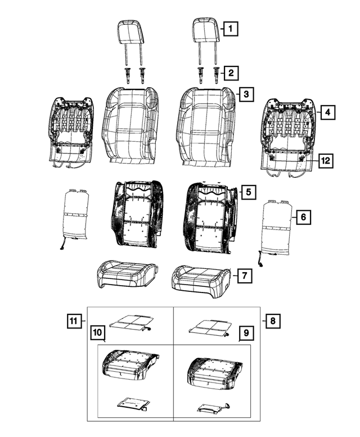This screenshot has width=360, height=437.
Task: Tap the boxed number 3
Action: tap(245, 94)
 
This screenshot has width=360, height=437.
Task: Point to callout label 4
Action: tap(328, 112)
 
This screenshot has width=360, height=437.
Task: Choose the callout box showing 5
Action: tap(248, 192)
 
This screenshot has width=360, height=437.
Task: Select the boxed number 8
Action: tap(272, 321)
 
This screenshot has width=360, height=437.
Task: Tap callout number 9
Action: tap(245, 334)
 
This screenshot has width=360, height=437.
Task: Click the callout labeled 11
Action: tap(73, 321)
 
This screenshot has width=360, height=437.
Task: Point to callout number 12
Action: tap(325, 161)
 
